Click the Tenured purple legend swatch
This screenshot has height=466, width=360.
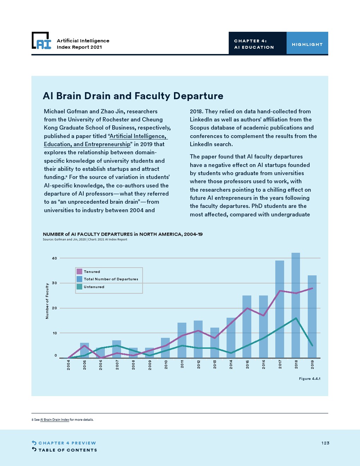pos(79,271)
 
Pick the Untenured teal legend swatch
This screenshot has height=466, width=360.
pos(79,287)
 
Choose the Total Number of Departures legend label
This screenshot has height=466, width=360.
pos(111,279)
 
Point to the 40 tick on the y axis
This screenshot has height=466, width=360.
pos(54,258)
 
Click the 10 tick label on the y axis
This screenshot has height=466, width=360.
pos(54,333)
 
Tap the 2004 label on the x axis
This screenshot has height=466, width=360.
pos(68,365)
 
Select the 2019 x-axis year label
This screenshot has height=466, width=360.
pos(312,365)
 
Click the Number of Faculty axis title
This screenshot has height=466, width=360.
pos(47,301)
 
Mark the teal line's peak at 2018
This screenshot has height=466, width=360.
pos(296,318)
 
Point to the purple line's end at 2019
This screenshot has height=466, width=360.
pos(312,288)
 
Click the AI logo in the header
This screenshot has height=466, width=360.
pos(42,41)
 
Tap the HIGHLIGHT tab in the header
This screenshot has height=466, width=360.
pos(307,44)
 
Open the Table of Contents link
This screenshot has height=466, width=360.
pos(67,450)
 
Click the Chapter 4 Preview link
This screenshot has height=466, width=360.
pos(67,443)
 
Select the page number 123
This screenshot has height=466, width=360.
pos(325,443)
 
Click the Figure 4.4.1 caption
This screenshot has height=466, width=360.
pos(310,379)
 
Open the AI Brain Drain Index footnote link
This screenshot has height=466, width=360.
pos(55,420)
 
